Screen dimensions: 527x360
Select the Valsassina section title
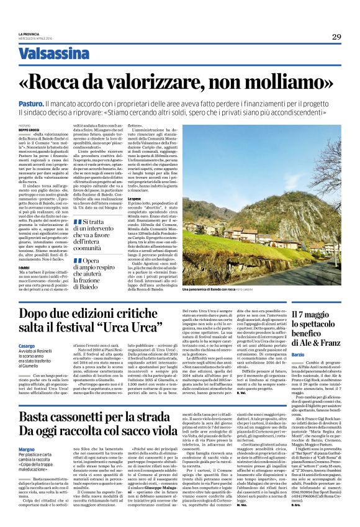(x=61, y=55)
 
